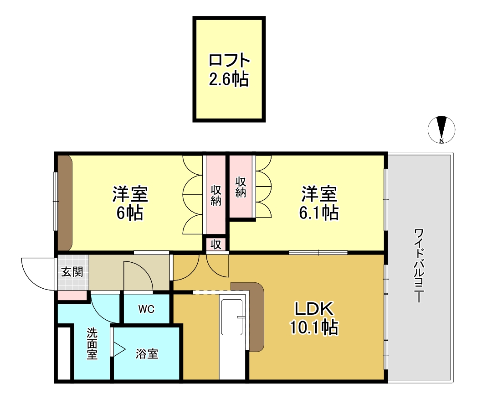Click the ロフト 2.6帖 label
(229, 70)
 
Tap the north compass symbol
(441, 129)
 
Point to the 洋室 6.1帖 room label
(319, 203)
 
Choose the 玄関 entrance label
(72, 272)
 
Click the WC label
(146, 309)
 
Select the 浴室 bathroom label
(147, 353)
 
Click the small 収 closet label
(216, 244)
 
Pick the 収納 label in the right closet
(241, 187)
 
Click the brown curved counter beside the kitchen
(255, 315)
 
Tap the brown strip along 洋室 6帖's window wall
(64, 203)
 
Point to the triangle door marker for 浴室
(118, 350)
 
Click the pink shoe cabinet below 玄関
(72, 296)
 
